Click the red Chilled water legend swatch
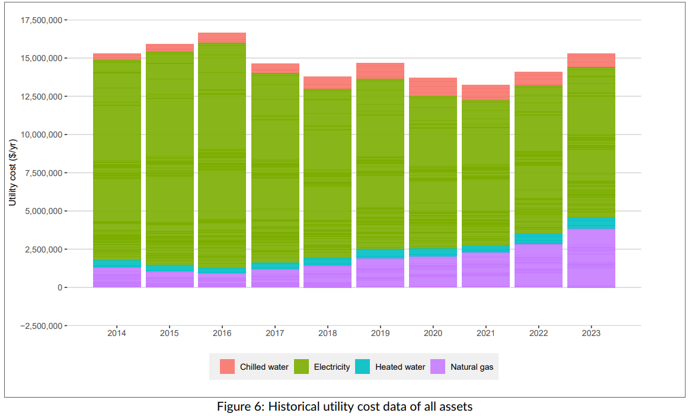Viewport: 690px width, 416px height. tap(228, 367)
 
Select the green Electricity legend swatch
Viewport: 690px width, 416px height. tap(301, 367)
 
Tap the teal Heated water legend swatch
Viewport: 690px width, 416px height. tap(363, 367)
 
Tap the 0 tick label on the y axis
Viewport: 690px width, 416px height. tap(59, 287)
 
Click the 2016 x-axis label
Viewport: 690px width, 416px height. tap(222, 334)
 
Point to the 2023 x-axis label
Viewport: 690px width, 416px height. tap(591, 334)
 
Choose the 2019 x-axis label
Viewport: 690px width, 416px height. tap(380, 334)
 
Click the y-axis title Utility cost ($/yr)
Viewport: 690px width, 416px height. tap(12, 172)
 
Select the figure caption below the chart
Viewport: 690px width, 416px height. tap(344, 407)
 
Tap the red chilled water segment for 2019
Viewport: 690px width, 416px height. tap(380, 71)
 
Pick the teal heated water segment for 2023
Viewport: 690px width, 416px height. tap(591, 223)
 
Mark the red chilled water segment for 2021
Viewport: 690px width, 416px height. tap(485, 92)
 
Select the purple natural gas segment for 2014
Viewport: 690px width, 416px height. tap(117, 277)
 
